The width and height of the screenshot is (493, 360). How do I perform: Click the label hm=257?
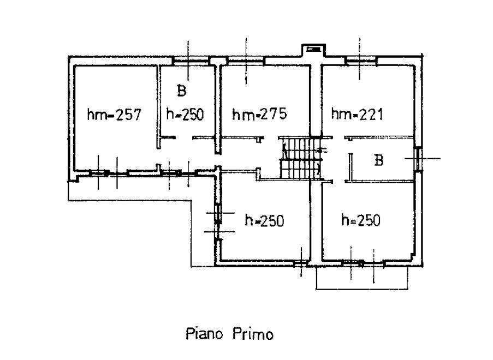[x=115, y=115]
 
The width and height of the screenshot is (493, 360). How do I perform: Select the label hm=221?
[x=357, y=114]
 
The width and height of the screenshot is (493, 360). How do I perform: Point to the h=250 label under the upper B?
[x=185, y=115]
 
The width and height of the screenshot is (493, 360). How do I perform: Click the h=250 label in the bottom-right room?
[x=361, y=220]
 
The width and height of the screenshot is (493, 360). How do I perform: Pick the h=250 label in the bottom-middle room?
[x=264, y=220]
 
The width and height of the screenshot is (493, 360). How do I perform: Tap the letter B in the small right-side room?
[x=379, y=160]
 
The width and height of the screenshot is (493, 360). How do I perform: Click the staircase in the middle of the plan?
[x=300, y=158]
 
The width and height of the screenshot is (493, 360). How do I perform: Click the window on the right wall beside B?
[x=418, y=159]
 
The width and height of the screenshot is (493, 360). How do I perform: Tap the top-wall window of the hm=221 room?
[x=360, y=60]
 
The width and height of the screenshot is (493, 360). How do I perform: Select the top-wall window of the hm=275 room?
[x=246, y=61]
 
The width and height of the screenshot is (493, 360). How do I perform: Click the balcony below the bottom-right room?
[x=362, y=278]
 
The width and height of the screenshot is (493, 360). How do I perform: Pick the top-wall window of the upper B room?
[x=192, y=61]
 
